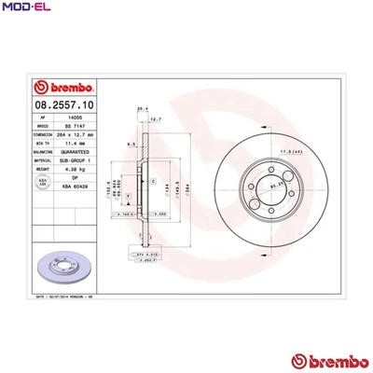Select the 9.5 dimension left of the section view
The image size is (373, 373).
pos(132,145)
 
